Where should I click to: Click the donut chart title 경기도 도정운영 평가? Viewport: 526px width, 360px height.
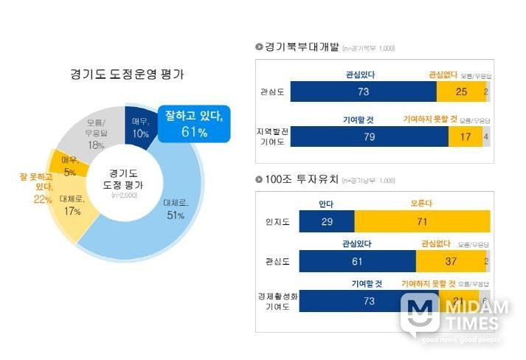127,75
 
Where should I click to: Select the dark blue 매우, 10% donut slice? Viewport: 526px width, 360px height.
140,128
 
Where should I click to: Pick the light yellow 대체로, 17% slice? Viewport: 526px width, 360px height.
72,206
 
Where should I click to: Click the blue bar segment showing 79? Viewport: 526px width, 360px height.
370,136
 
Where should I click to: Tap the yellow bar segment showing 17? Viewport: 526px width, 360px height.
466,136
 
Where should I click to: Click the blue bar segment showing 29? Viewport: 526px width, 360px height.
327,221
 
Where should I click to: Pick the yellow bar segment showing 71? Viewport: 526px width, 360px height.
422,221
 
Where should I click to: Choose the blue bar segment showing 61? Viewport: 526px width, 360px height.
358,261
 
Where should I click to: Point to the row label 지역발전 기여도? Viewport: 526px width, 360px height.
271,136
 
